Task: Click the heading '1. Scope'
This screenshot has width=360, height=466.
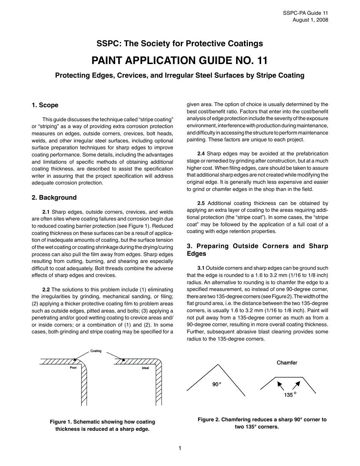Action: [x=45, y=105]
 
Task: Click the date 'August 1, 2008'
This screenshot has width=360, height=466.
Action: [x=310, y=20]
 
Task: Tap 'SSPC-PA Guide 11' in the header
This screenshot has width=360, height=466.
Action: [x=305, y=13]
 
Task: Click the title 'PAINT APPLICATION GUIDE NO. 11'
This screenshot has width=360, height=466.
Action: [x=180, y=60]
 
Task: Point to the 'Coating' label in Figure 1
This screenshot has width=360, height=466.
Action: [x=96, y=351]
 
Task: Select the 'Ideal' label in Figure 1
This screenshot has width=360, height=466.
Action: [x=146, y=368]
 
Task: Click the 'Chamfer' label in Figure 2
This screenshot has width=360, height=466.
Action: [x=287, y=363]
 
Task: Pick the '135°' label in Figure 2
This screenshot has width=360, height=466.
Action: [x=290, y=395]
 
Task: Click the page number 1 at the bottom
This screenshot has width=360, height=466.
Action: [x=180, y=448]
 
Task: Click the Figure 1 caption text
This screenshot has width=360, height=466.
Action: [x=102, y=425]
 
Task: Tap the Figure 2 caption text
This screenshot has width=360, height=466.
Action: [x=262, y=423]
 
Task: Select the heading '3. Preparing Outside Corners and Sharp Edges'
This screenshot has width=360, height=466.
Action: [x=257, y=250]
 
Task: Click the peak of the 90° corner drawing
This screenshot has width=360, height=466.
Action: [x=218, y=364]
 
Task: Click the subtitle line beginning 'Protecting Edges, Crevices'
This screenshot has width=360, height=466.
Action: [x=180, y=75]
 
